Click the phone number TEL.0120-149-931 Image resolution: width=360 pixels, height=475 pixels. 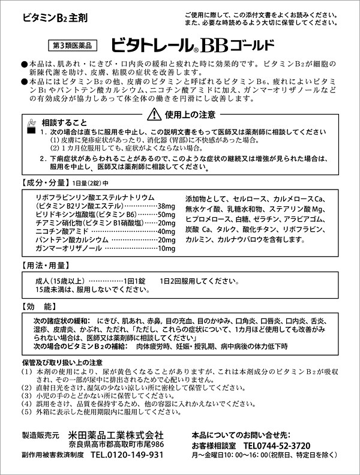tap(127, 455)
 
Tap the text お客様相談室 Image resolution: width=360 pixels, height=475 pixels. tap(212, 446)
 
